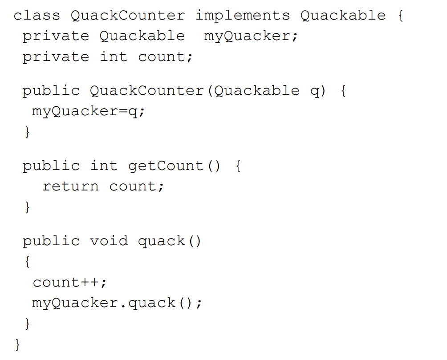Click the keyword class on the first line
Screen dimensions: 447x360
tap(37, 16)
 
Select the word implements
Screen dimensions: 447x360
tap(242, 16)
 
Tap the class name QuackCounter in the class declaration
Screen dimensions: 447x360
tap(127, 16)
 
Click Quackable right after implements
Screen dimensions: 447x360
tap(343, 16)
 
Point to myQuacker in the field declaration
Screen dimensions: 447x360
tap(251, 36)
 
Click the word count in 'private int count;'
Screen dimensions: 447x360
tap(165, 57)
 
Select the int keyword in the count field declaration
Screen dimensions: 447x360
tap(113, 57)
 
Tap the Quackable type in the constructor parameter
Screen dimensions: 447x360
tap(256, 91)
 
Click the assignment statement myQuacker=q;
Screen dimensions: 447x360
tap(88, 111)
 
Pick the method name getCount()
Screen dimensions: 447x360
tap(174, 166)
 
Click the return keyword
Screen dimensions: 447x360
tap(70, 186)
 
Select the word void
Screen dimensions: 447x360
tap(109, 241)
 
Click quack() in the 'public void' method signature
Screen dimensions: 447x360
tap(169, 241)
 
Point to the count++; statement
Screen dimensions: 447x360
tap(69, 283)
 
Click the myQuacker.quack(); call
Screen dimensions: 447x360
tap(117, 303)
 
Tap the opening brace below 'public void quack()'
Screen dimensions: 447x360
tap(28, 262)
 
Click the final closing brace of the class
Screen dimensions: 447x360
tap(18, 344)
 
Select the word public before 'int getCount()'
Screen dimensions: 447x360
tap(51, 166)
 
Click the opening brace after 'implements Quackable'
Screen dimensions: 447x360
tap(400, 16)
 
